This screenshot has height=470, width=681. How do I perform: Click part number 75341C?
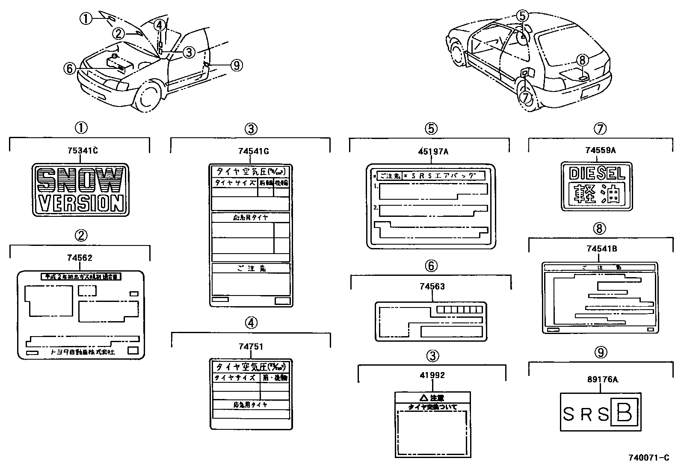pos(83,151)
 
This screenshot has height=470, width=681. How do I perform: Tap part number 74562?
pos(80,258)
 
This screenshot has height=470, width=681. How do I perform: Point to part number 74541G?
pos(254,151)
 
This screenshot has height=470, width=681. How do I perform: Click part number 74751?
pos(251,347)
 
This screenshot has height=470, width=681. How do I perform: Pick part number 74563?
pos(432,287)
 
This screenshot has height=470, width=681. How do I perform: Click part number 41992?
pos(432,375)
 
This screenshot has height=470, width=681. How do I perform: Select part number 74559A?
pos(600,150)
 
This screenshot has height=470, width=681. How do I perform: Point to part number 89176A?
pos(601,379)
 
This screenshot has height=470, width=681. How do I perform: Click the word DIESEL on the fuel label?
pos(597,173)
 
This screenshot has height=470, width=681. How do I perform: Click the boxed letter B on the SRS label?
pos(624,412)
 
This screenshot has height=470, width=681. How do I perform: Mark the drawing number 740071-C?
pos(648,458)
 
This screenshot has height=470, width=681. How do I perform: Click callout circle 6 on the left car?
pos(70,68)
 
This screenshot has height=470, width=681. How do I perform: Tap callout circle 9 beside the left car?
pos(236,65)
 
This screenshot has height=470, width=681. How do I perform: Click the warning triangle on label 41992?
pos(424,397)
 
